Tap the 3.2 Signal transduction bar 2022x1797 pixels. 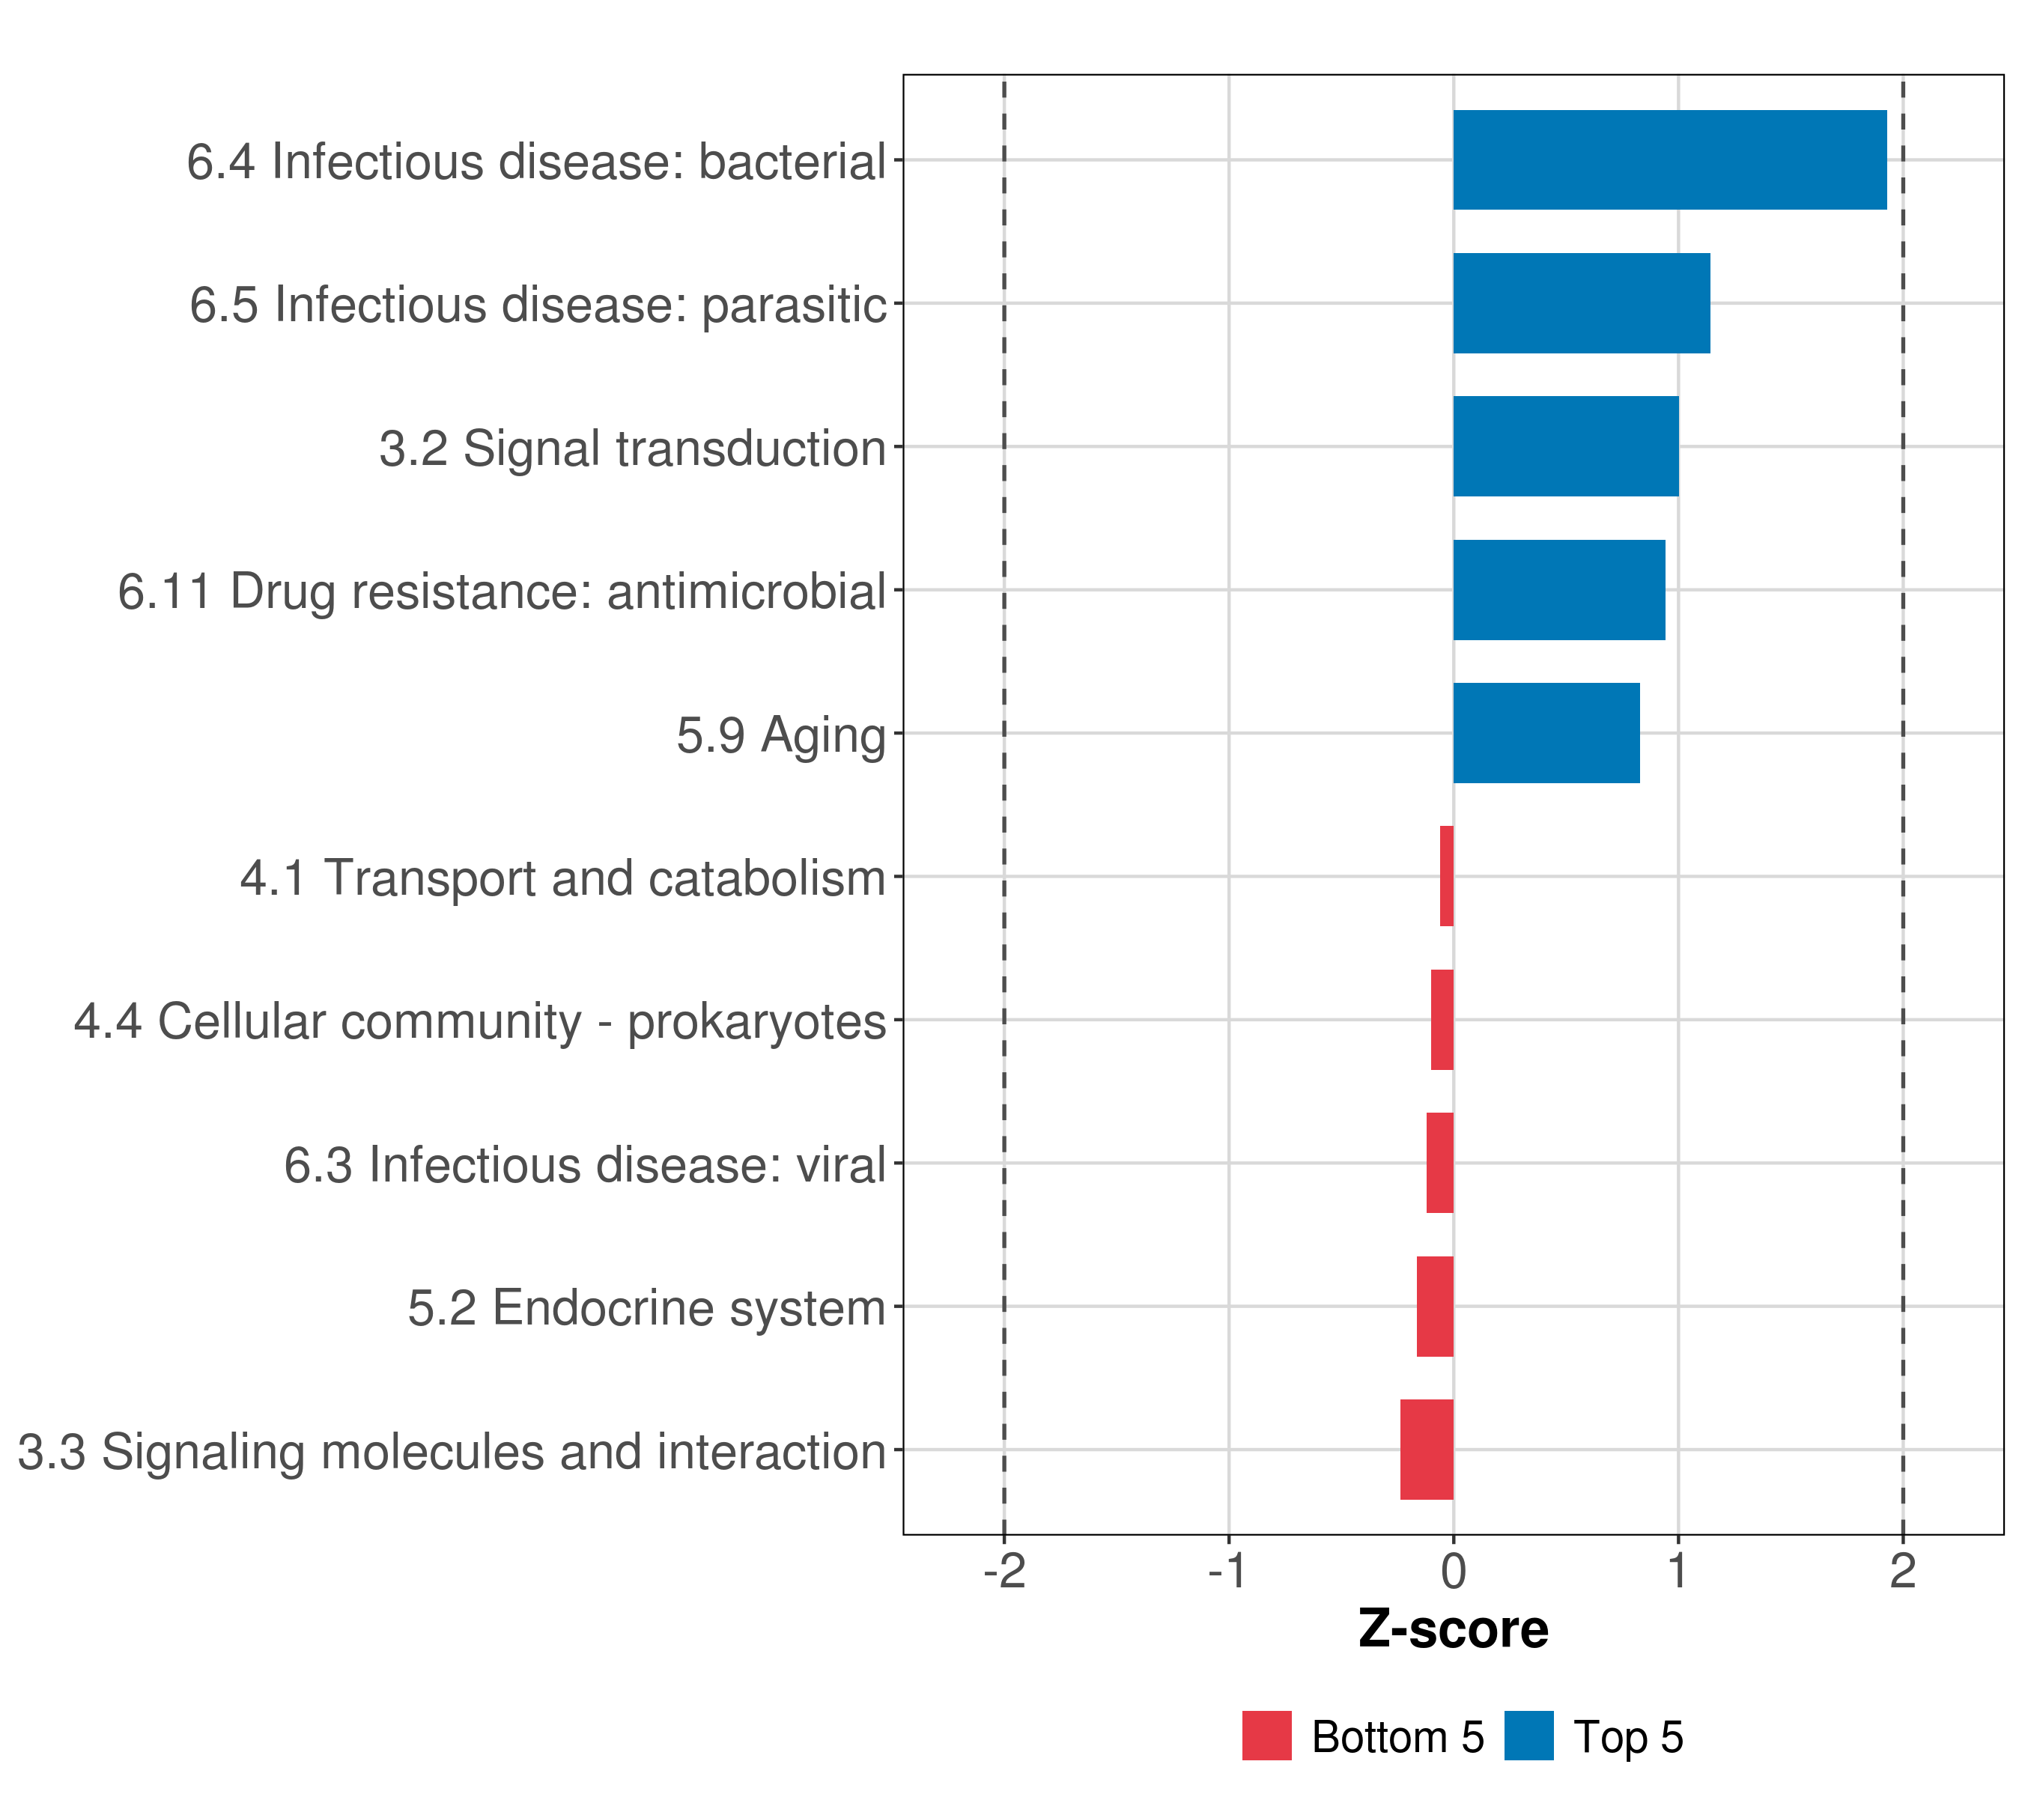pos(1565,446)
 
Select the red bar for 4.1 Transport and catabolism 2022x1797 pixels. pos(1446,876)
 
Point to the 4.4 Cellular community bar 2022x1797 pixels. pos(1442,1020)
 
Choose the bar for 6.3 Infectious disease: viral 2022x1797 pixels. pos(1439,1163)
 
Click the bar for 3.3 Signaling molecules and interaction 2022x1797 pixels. pos(1427,1450)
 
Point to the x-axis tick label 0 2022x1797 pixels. pos(1453,1572)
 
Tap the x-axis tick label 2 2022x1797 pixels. pos(1902,1572)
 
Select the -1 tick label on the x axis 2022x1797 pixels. pos(1227,1572)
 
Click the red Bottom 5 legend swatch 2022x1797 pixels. pos(1266,1736)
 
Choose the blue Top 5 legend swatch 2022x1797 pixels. pos(1528,1736)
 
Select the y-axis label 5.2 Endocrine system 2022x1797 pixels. pos(646,1308)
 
